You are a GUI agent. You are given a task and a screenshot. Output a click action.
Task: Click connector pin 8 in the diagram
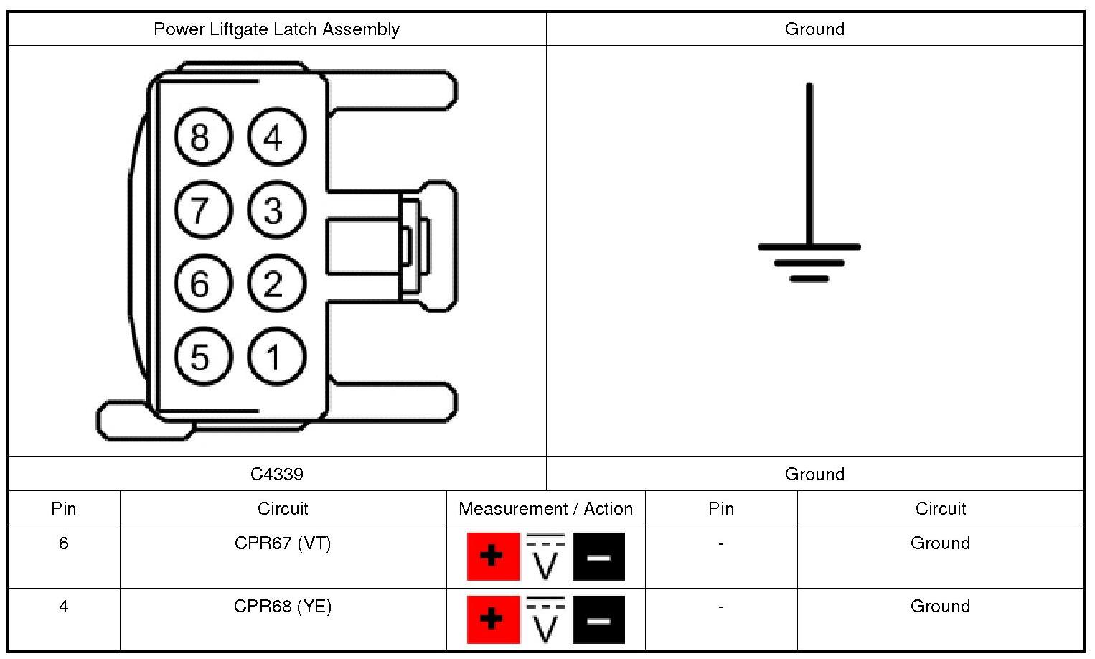[x=203, y=136]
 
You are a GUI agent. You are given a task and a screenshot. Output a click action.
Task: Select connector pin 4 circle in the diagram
[x=276, y=136]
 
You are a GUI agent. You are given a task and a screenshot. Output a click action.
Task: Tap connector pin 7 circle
[x=203, y=210]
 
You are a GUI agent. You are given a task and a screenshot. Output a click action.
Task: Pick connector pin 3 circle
[x=276, y=210]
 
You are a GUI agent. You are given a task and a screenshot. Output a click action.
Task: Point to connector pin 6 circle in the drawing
[x=203, y=284]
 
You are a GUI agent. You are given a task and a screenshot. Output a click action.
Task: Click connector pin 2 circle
[x=276, y=284]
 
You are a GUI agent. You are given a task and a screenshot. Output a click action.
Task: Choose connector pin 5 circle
[x=203, y=357]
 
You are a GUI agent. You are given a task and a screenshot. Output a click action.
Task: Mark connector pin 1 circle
[x=276, y=357]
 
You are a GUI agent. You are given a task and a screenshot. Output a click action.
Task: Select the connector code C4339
[x=276, y=474]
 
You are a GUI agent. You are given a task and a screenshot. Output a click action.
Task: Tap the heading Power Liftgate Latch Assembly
[x=276, y=29]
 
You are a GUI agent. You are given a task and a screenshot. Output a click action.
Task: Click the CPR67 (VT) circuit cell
[x=283, y=543]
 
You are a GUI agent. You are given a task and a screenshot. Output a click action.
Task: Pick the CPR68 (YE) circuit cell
[x=283, y=607]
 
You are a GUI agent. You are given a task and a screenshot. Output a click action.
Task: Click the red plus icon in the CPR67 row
[x=493, y=556]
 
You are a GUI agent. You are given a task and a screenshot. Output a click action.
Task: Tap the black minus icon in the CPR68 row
[x=598, y=620]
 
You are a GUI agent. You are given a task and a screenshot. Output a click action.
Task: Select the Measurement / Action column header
[x=545, y=509]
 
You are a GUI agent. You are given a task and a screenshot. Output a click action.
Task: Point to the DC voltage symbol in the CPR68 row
[x=545, y=620]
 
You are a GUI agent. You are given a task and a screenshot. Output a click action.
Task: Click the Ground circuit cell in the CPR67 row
[x=940, y=543]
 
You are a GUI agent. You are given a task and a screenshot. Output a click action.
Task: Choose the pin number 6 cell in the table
[x=64, y=543]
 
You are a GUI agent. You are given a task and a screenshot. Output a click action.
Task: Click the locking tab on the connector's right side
[x=427, y=246]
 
